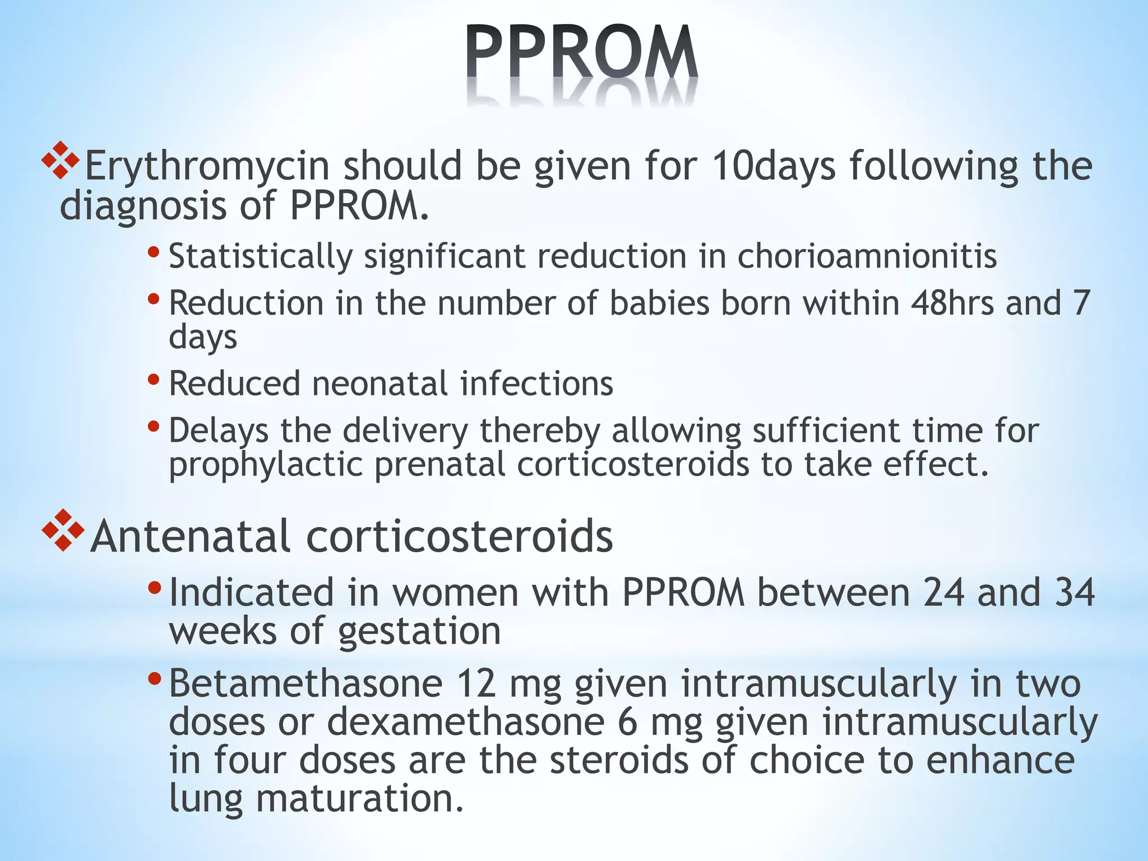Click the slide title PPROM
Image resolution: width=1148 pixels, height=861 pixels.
click(x=581, y=53)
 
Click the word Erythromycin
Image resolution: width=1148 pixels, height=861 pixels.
click(x=206, y=166)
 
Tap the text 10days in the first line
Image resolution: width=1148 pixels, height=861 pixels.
click(x=774, y=166)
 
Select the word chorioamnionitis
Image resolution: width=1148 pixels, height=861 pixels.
click(x=867, y=257)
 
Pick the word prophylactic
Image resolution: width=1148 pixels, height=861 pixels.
click(x=266, y=465)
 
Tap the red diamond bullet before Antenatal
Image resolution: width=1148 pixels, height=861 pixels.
click(x=63, y=530)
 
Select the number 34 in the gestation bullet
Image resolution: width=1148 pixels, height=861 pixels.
click(x=1074, y=592)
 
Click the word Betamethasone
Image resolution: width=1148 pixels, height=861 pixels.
click(x=305, y=684)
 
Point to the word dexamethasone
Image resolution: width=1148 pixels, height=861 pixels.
click(x=465, y=722)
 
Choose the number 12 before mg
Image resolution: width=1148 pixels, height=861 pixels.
click(x=476, y=684)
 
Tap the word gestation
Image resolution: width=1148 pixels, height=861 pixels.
click(x=419, y=632)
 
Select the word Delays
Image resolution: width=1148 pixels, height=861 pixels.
click(x=219, y=432)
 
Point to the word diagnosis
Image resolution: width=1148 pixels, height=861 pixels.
click(x=143, y=206)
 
